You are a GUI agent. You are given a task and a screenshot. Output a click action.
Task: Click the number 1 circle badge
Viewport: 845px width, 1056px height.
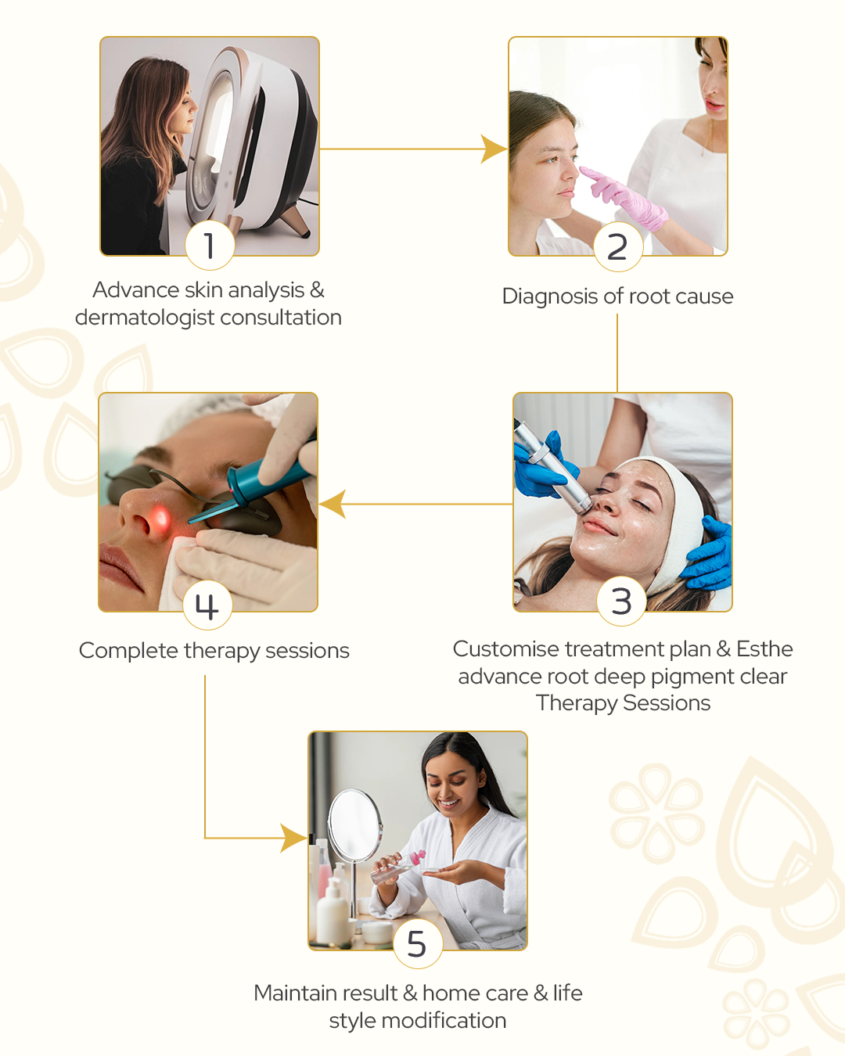(x=210, y=245)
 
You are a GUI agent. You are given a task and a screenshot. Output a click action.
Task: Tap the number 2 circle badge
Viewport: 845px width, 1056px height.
(x=617, y=246)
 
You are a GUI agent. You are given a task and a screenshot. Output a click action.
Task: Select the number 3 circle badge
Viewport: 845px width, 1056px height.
(x=621, y=601)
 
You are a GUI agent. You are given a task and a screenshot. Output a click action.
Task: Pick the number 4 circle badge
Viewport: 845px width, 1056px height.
(x=207, y=605)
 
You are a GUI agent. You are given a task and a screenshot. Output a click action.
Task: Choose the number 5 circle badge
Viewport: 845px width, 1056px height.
(x=418, y=943)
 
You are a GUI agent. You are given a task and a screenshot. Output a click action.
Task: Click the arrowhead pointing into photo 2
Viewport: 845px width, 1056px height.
(x=494, y=149)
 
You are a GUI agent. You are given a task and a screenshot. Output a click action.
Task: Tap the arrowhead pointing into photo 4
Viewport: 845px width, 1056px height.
(x=333, y=504)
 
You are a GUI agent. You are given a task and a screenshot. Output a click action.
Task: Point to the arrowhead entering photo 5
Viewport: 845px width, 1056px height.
(x=293, y=838)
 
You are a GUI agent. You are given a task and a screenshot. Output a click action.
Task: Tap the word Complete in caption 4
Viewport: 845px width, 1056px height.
(x=128, y=651)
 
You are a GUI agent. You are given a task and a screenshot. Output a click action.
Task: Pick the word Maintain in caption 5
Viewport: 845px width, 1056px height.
(x=301, y=993)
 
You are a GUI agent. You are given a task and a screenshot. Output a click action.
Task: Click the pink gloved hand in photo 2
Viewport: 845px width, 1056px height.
(x=624, y=197)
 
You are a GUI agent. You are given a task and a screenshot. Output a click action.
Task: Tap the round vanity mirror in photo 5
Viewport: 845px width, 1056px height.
(x=354, y=824)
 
